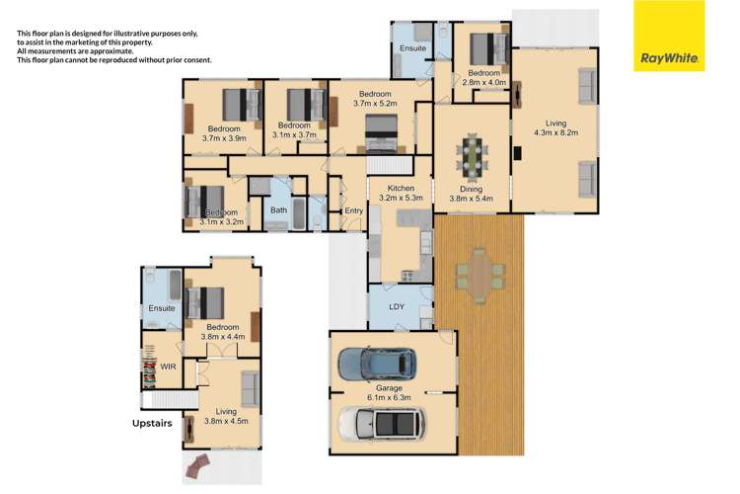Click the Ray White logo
point(669,36)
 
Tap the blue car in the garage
point(377,365)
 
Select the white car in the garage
point(381,424)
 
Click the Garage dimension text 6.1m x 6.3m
point(389,397)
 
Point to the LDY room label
point(397,307)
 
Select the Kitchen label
point(401,188)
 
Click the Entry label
point(353,210)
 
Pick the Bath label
point(278,209)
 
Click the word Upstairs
point(152,424)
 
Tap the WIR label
point(168,367)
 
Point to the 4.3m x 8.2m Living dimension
point(555,132)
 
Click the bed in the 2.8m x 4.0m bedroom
point(489,49)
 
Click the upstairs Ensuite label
point(162,308)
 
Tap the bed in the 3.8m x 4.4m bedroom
point(205,302)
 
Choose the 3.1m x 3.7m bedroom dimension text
point(294,135)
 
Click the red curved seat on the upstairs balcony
point(197,466)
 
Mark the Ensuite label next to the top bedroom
point(412,48)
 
